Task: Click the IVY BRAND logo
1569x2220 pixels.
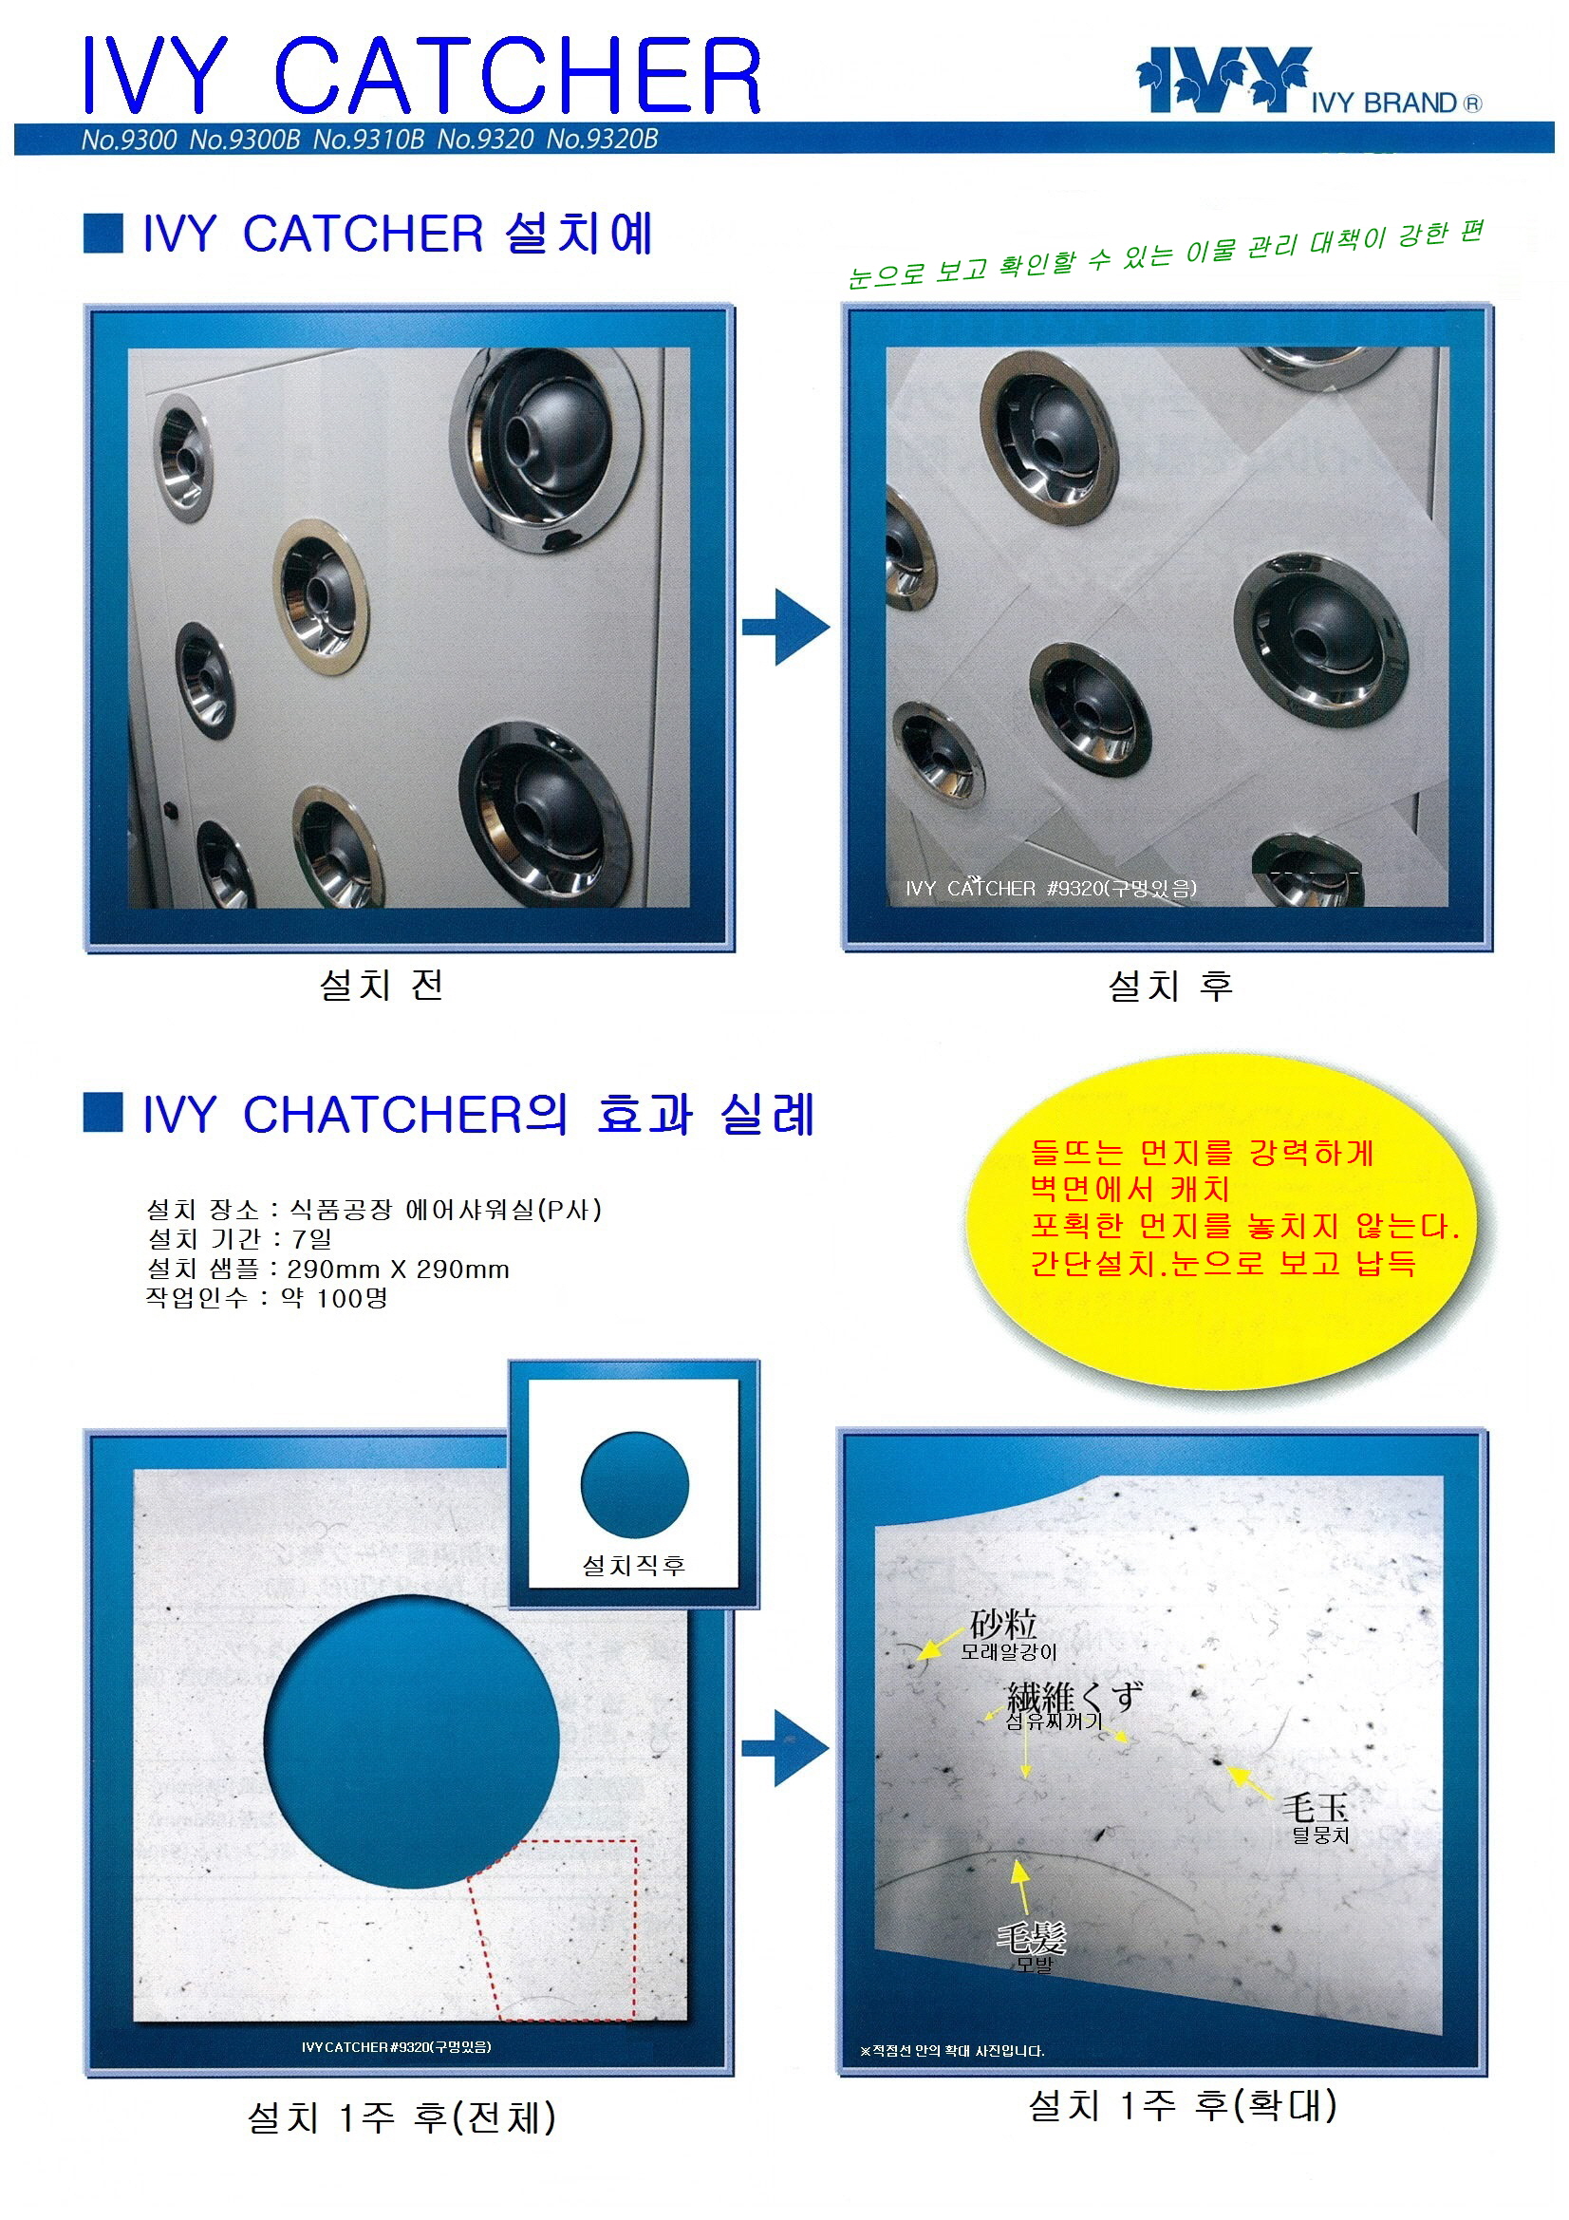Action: tap(1308, 81)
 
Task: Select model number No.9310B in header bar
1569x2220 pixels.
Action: tap(368, 141)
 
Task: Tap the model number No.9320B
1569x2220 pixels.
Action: tap(603, 141)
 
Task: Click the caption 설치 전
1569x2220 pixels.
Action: tap(381, 986)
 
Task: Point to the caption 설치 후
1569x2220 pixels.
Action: tap(1169, 986)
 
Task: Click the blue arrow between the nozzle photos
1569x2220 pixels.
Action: tap(786, 627)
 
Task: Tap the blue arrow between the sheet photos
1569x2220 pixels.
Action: tap(785, 1747)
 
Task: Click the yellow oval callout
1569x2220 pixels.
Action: tap(1223, 1221)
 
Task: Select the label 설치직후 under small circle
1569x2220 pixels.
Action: tap(634, 1566)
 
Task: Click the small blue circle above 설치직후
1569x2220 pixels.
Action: tap(635, 1485)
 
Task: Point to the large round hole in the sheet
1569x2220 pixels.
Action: tap(412, 1742)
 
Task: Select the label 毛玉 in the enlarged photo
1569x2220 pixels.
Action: tap(1315, 1806)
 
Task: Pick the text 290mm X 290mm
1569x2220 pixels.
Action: tap(399, 1269)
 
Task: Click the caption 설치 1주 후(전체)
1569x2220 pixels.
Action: tap(402, 2117)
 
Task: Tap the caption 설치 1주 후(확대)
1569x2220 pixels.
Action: tap(1183, 2105)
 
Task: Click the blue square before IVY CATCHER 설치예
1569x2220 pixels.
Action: tap(103, 233)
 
